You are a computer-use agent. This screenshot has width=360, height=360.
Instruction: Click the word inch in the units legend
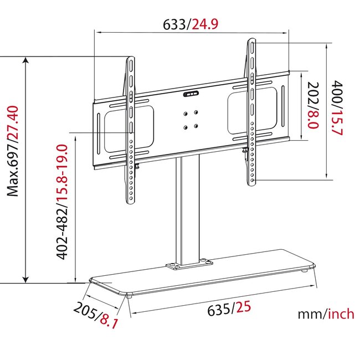click(x=340, y=314)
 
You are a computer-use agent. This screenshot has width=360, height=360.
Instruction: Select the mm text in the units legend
click(x=310, y=314)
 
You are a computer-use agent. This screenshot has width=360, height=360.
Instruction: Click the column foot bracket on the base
click(x=188, y=265)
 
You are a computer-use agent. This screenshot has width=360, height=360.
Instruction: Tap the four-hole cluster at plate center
click(x=191, y=120)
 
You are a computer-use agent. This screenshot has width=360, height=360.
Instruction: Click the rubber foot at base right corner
click(x=306, y=271)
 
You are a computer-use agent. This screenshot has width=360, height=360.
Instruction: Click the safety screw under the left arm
click(x=136, y=165)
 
